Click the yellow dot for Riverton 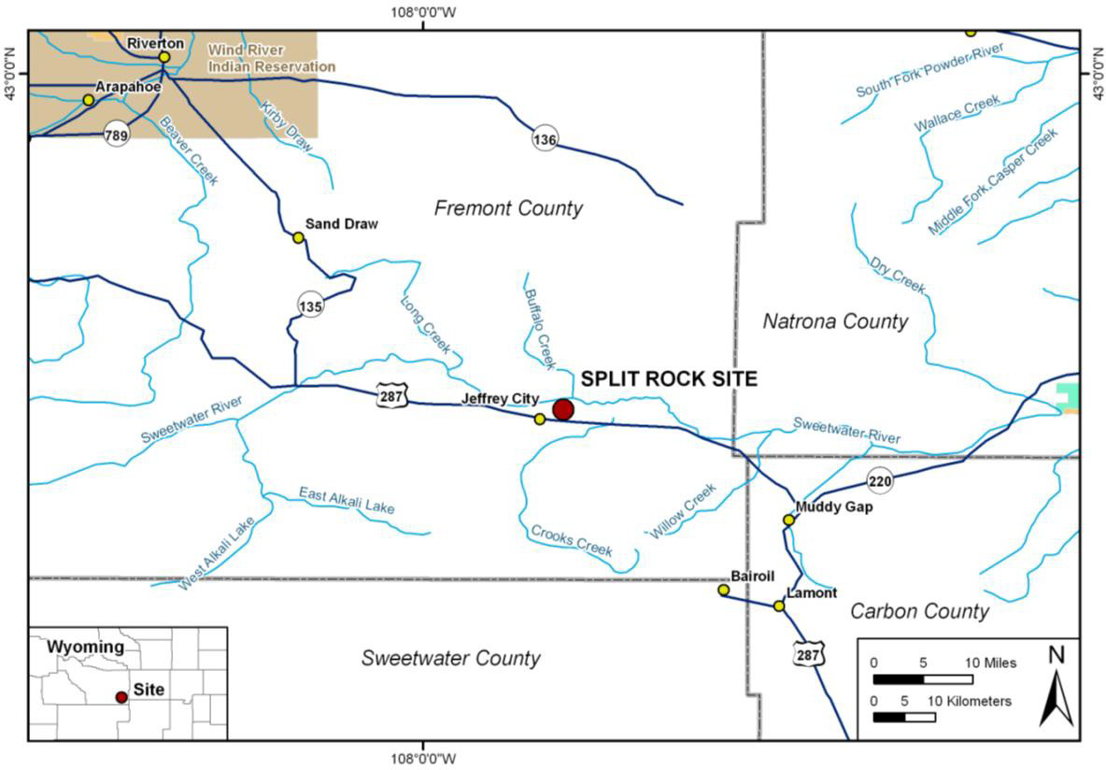pyautogui.click(x=164, y=57)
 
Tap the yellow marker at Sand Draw pyautogui.click(x=299, y=237)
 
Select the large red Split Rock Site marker pyautogui.click(x=562, y=409)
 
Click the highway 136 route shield pyautogui.click(x=546, y=139)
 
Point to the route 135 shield pyautogui.click(x=310, y=305)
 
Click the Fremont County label pyautogui.click(x=508, y=207)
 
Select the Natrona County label pyautogui.click(x=835, y=321)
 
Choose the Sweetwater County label pyautogui.click(x=450, y=658)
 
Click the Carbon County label pyautogui.click(x=919, y=611)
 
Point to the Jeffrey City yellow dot pyautogui.click(x=540, y=419)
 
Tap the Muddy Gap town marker pyautogui.click(x=788, y=520)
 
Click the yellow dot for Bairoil pyautogui.click(x=723, y=590)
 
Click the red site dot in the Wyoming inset pyautogui.click(x=121, y=697)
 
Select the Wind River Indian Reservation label pyautogui.click(x=271, y=58)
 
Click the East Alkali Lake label pyautogui.click(x=347, y=500)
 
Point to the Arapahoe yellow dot pyautogui.click(x=88, y=100)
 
